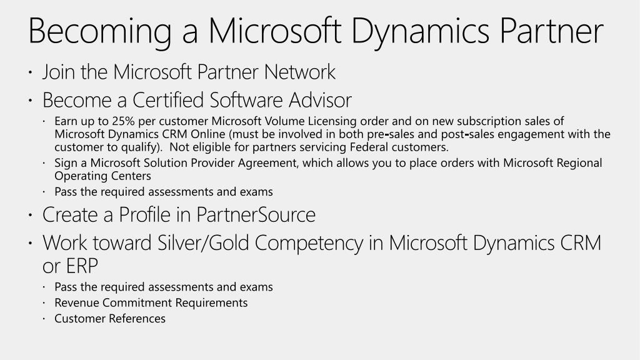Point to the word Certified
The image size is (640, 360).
point(164,100)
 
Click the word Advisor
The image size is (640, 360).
point(320,100)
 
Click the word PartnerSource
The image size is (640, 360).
point(256,214)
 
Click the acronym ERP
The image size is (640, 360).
point(80,266)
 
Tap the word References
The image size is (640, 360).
point(137,318)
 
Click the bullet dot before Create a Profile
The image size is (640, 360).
point(31,216)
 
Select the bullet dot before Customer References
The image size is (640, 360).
point(45,319)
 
